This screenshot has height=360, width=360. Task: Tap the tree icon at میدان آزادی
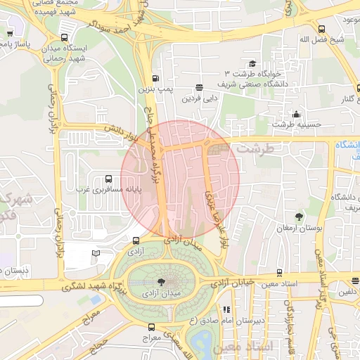(x=163, y=281)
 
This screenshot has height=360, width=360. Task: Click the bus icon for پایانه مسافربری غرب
(x=108, y=179)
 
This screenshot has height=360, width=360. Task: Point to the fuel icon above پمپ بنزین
(x=155, y=79)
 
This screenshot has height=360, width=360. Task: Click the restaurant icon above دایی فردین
(x=200, y=88)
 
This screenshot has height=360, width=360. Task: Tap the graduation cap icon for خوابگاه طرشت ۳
(x=252, y=63)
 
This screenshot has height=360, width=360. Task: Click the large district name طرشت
(x=253, y=149)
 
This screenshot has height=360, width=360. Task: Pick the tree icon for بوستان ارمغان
(x=300, y=217)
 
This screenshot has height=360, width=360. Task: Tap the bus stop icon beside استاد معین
(x=279, y=273)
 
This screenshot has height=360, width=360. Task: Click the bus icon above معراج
(x=150, y=327)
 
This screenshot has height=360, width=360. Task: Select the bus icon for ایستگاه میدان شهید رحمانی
(x=65, y=38)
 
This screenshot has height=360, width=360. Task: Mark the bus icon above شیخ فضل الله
(x=321, y=29)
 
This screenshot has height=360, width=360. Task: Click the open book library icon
(x=96, y=253)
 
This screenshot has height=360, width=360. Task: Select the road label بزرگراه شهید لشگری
(x=91, y=286)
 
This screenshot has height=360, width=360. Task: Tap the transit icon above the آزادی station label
(x=135, y=240)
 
